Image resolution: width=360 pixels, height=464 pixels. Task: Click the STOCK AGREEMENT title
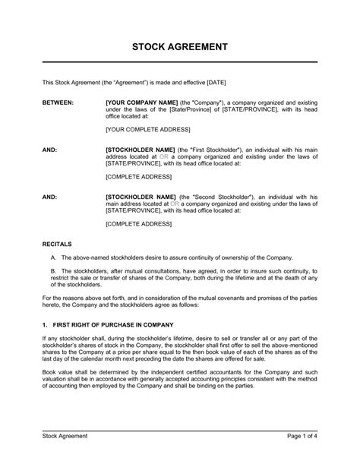tap(179, 46)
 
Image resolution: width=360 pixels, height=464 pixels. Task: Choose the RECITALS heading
tap(58, 245)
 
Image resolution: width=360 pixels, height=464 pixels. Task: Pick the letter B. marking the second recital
tap(53, 271)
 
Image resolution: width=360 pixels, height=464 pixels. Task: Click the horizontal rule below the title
tap(179, 62)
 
